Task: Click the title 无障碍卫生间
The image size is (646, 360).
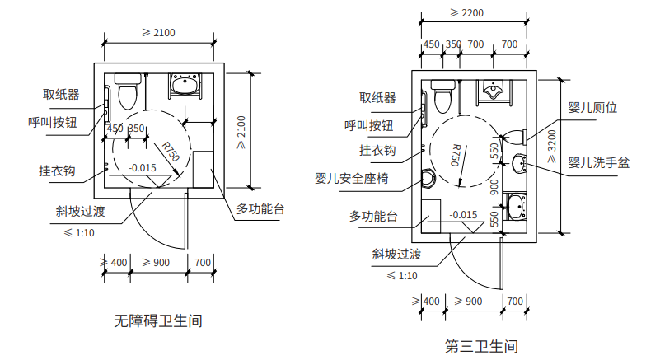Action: (158, 320)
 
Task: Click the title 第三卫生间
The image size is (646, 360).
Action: (481, 345)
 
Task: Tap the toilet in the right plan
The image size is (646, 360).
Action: (442, 95)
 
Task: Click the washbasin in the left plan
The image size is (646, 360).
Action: (184, 84)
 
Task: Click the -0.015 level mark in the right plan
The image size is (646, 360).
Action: (464, 214)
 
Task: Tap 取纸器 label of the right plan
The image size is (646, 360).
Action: (377, 97)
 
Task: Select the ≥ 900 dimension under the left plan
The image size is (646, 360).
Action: (156, 262)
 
